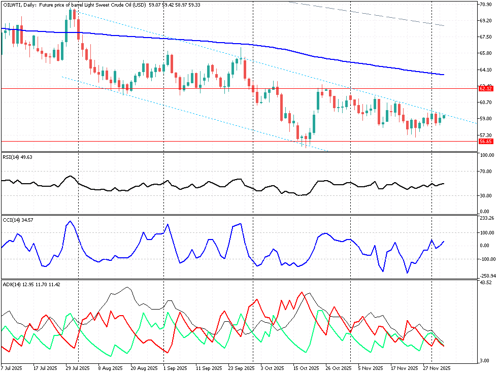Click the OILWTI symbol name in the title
tap(12, 5)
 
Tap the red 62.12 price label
tap(486, 88)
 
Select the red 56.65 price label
tap(486, 142)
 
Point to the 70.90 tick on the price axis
tap(486, 5)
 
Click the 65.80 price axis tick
tap(486, 53)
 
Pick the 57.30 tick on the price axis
tap(486, 135)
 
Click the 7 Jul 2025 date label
tap(11, 368)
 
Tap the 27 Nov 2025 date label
tap(437, 368)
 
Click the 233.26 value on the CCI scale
tap(487, 218)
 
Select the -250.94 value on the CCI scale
tap(487, 276)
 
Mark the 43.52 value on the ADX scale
tap(486, 282)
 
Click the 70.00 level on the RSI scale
tap(486, 172)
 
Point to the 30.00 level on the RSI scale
tap(486, 196)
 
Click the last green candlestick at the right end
tap(444, 117)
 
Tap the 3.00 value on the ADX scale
tap(484, 361)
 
